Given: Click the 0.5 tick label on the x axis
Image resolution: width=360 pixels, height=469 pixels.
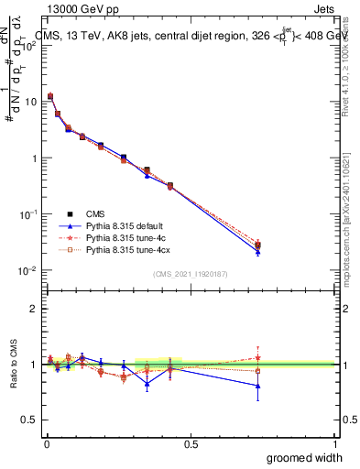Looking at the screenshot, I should click(x=191, y=442).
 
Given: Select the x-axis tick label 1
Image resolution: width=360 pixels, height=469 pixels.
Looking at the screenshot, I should click(x=334, y=442).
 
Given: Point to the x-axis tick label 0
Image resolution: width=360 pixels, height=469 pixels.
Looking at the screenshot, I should click(x=46, y=442).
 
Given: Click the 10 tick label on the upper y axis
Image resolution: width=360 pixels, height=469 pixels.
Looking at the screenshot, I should click(x=31, y=102).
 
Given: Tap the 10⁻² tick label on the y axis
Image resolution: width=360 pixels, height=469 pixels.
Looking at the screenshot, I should click(x=29, y=270).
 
